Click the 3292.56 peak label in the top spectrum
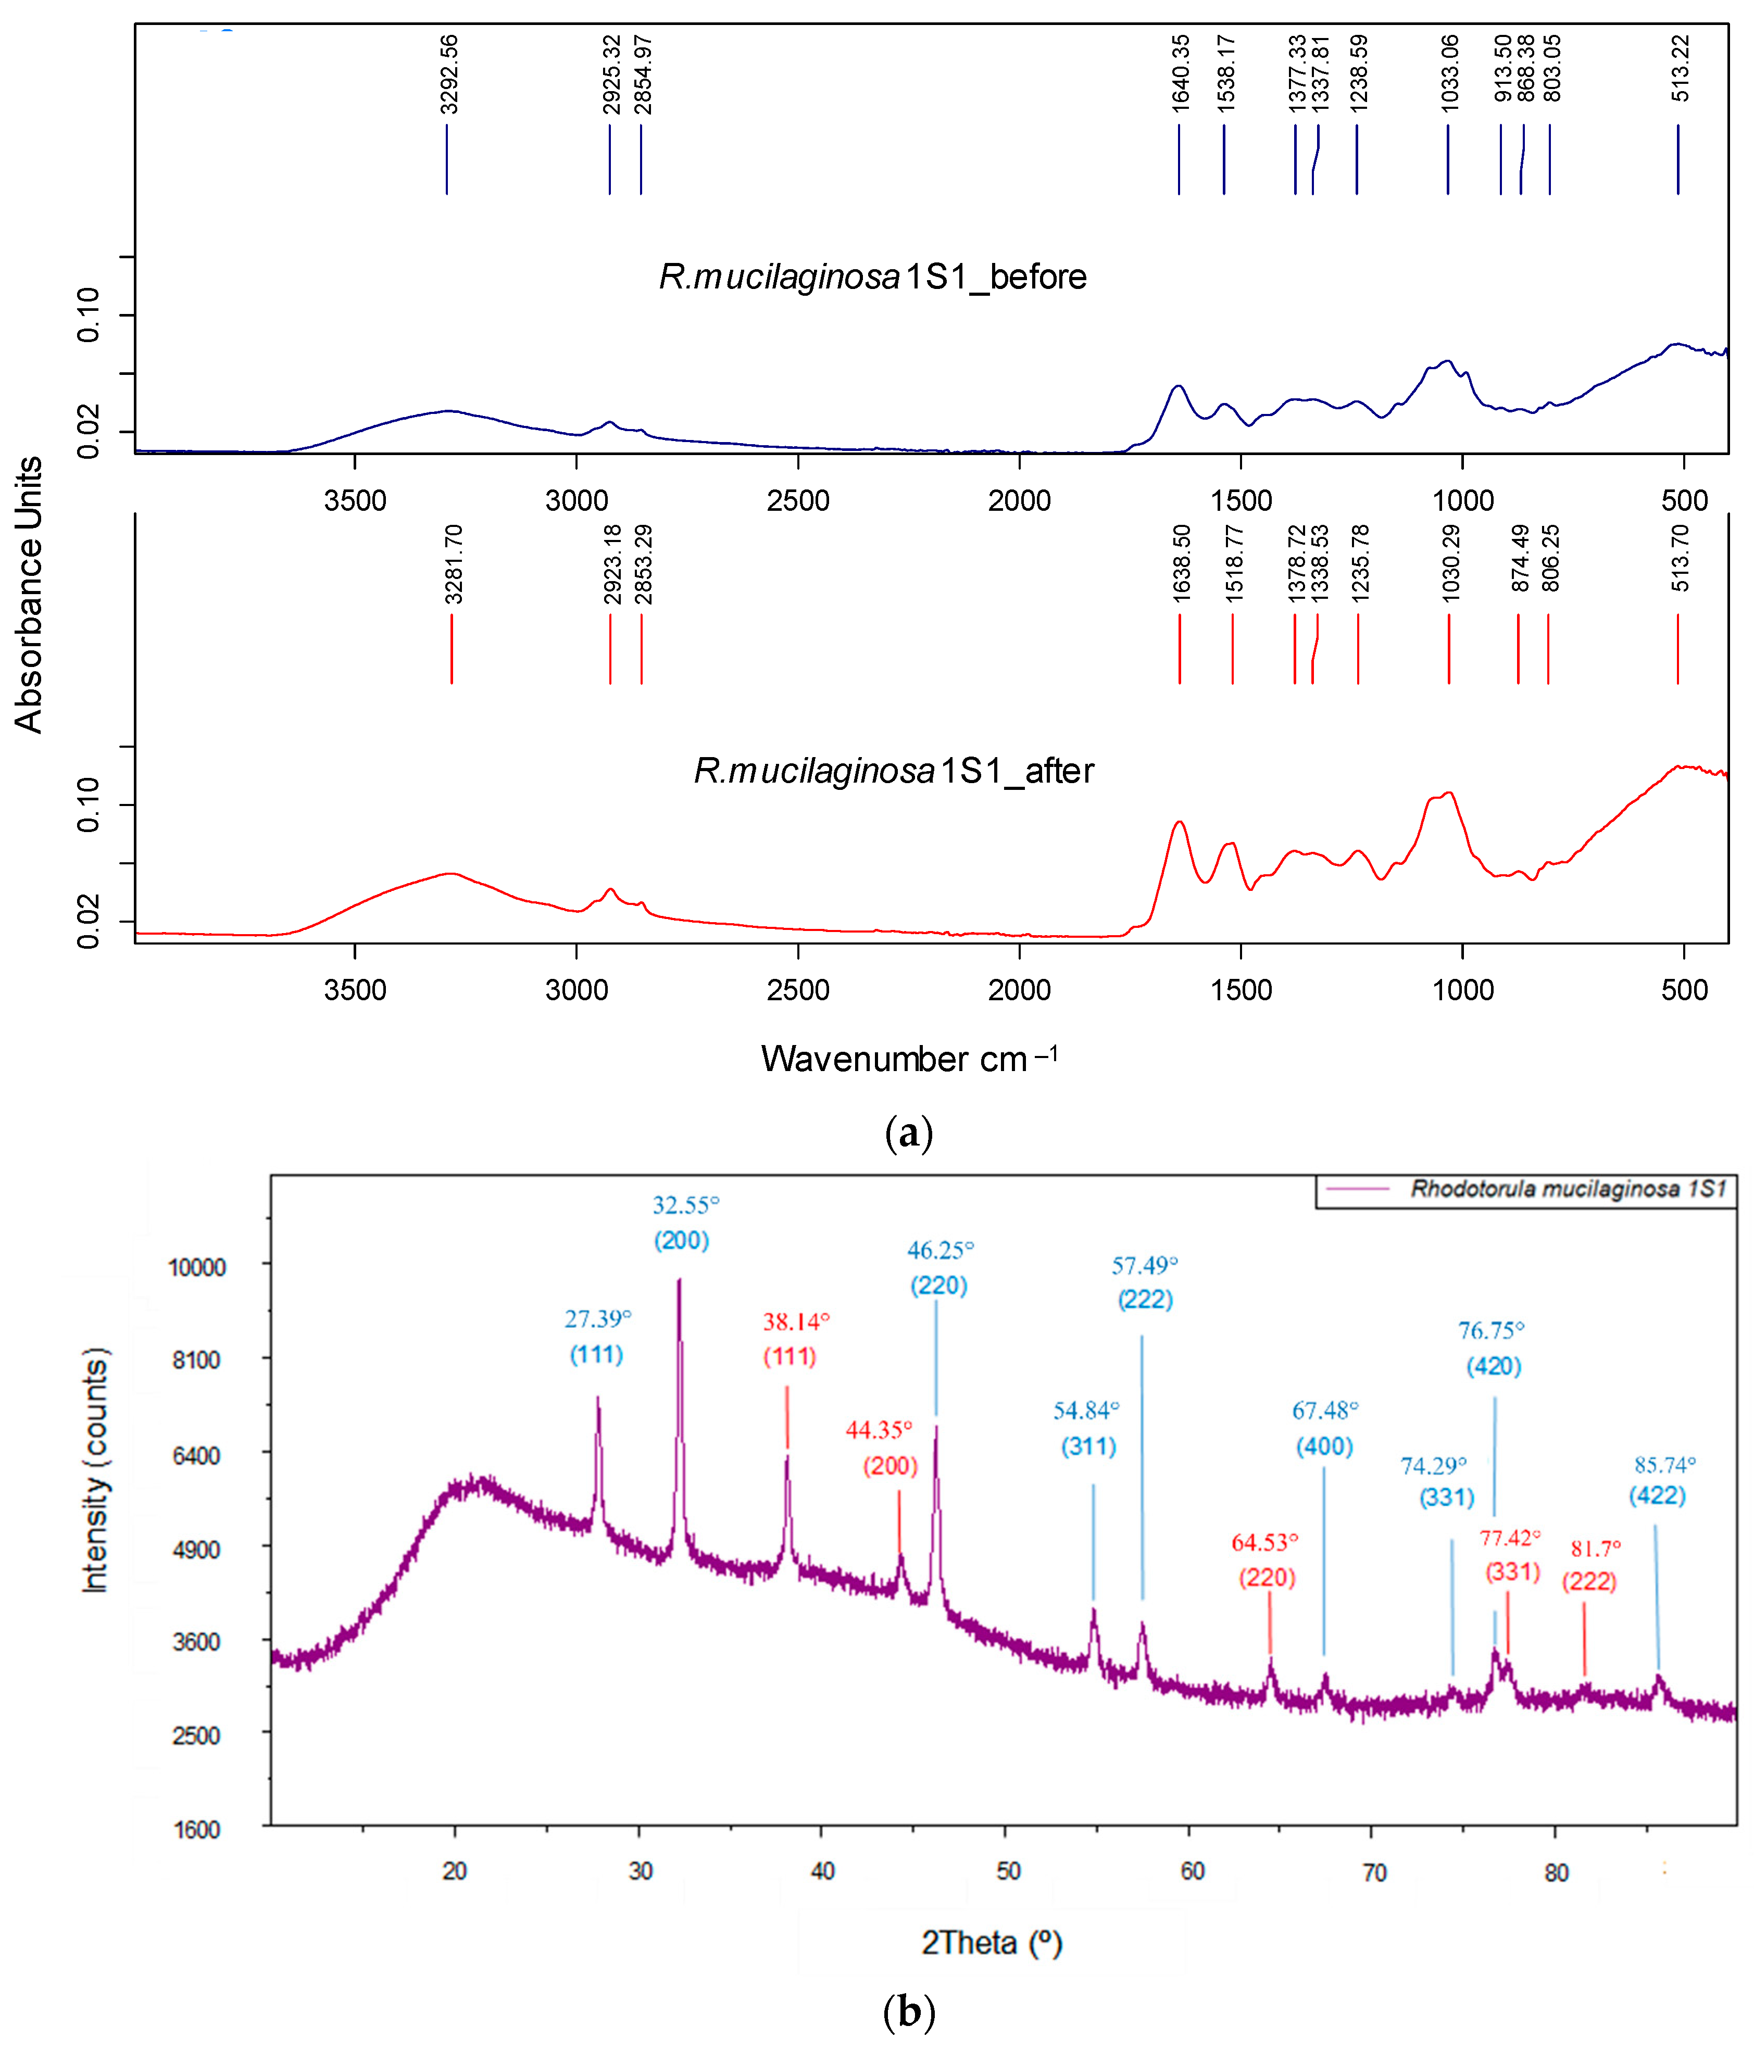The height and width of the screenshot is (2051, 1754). (x=449, y=74)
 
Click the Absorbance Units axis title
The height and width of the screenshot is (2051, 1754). (x=29, y=594)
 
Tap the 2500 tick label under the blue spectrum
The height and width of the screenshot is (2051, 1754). (x=798, y=500)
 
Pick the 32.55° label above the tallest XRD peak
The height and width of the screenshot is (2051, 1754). (x=685, y=1205)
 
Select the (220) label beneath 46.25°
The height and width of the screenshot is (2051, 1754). (x=938, y=1285)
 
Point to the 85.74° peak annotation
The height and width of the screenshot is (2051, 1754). (x=1665, y=1464)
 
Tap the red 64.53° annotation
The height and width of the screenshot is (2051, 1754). (x=1264, y=1542)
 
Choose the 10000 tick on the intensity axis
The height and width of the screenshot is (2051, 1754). (x=197, y=1267)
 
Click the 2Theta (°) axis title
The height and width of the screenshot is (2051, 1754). (x=992, y=1942)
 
